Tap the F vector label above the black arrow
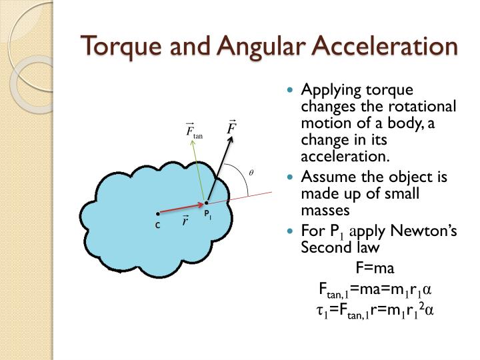point(232,126)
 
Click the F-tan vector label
point(194,131)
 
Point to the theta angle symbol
point(251,172)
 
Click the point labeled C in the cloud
point(157,215)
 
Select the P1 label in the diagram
point(208,215)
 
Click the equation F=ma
point(375,269)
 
